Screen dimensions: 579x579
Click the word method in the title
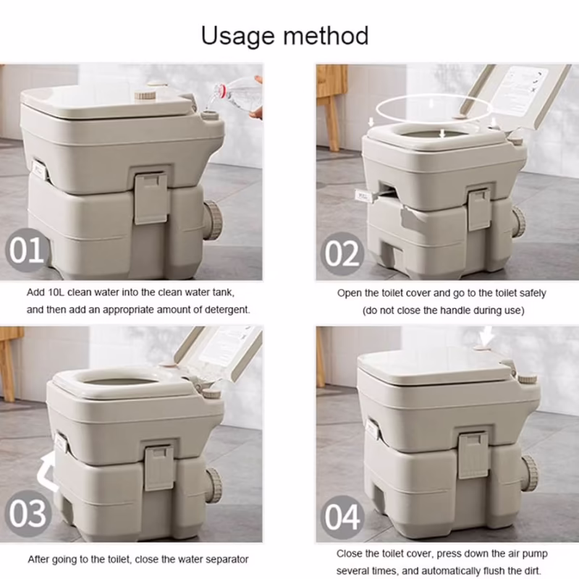(326, 35)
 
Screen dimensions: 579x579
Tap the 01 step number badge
(27, 250)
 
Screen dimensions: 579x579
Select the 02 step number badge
(342, 254)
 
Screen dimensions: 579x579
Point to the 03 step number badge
(28, 514)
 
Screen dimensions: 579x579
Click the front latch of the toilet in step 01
(151, 198)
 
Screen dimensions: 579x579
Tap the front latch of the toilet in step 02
(479, 209)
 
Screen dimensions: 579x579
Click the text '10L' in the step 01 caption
(56, 292)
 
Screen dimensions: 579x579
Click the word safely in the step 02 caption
(533, 294)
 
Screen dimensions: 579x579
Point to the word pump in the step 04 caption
(536, 554)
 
